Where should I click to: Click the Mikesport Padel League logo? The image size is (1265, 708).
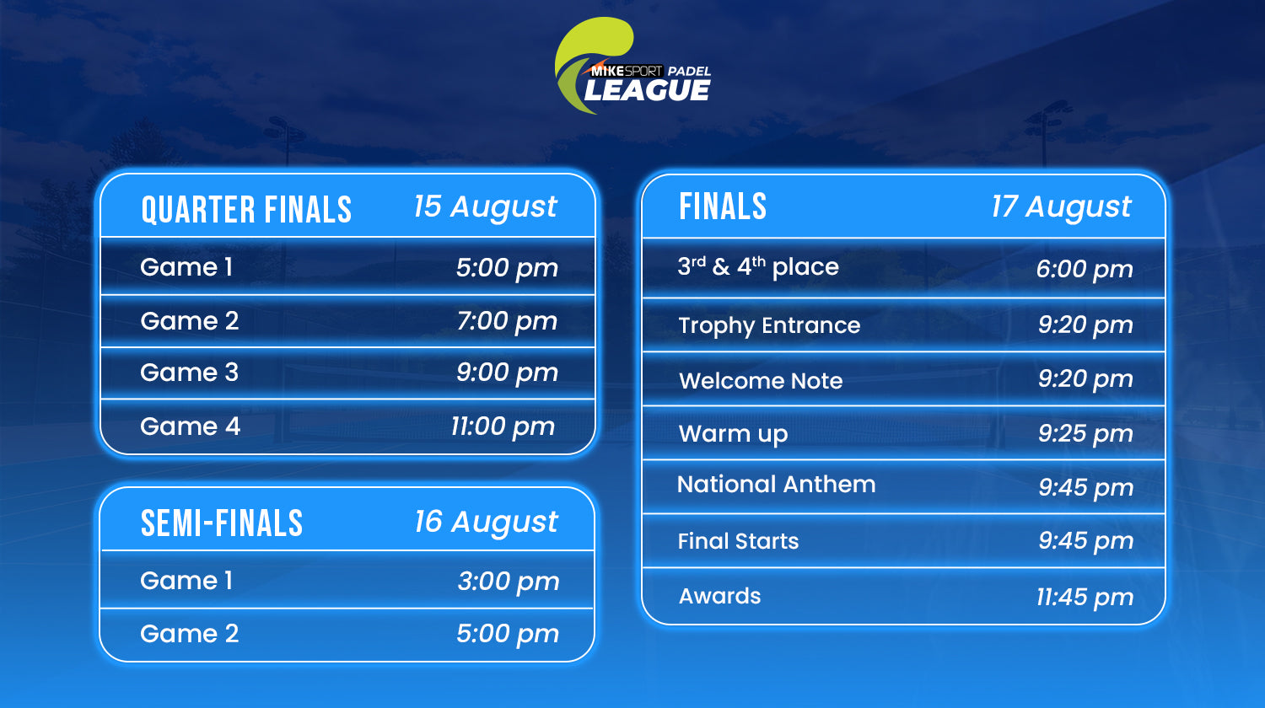click(x=632, y=66)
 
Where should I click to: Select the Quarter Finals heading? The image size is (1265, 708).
click(x=246, y=210)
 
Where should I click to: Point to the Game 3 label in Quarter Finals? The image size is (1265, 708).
click(x=190, y=373)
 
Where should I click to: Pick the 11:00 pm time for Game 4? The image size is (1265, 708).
click(x=503, y=427)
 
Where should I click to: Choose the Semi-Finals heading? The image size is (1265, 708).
click(x=222, y=523)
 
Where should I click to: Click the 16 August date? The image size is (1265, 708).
click(x=487, y=523)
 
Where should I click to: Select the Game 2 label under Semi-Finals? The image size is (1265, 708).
click(x=190, y=634)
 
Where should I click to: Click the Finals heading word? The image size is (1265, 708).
click(x=723, y=206)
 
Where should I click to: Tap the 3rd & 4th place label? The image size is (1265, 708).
click(x=758, y=267)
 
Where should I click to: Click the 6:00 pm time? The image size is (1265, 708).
click(x=1085, y=270)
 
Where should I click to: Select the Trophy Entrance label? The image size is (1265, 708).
click(x=769, y=326)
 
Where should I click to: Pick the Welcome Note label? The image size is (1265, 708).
click(x=761, y=380)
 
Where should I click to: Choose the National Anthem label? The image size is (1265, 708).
click(x=777, y=485)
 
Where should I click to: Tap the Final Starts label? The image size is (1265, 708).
click(x=738, y=541)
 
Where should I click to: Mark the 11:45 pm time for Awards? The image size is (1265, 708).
click(x=1085, y=598)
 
